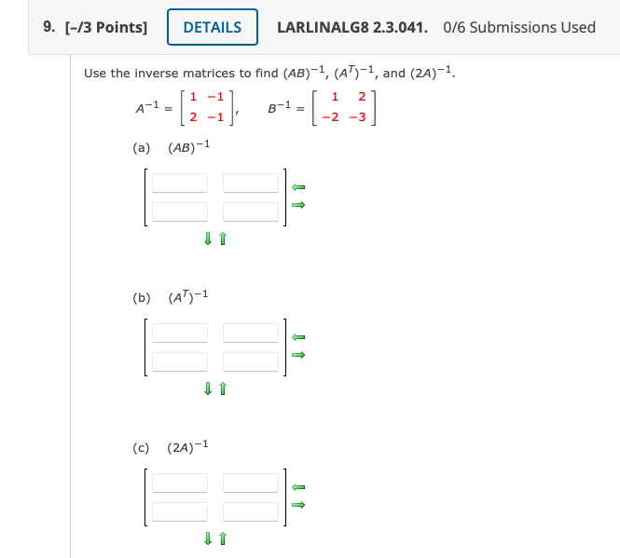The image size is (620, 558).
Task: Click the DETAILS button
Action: click(x=213, y=27)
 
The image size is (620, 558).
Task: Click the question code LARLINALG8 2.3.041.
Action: click(x=352, y=27)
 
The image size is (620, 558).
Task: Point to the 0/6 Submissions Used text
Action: click(x=520, y=27)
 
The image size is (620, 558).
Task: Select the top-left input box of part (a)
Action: click(x=180, y=184)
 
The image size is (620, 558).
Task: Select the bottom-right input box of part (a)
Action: click(x=251, y=211)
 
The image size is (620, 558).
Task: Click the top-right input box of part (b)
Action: click(x=251, y=333)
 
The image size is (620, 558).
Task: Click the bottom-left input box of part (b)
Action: click(x=180, y=361)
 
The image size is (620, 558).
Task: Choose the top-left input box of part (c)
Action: click(x=180, y=483)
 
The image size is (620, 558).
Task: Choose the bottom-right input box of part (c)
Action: click(x=251, y=510)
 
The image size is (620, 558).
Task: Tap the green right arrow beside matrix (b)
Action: click(x=299, y=355)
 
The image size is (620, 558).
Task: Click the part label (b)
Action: click(x=142, y=298)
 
